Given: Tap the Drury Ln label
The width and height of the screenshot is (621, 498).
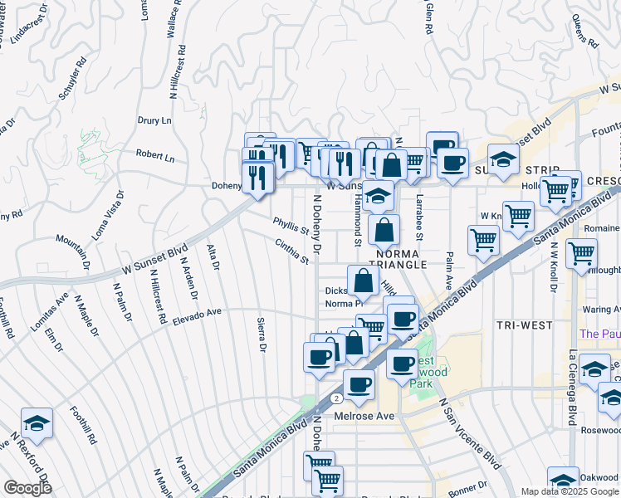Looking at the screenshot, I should (x=154, y=120).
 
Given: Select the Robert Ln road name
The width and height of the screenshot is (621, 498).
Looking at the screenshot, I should (x=155, y=156).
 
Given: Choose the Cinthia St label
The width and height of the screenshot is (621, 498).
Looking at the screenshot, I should (x=292, y=251).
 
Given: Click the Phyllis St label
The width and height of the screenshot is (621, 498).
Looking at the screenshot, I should (x=291, y=226).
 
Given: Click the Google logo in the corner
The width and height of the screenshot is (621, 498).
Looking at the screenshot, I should (x=27, y=488).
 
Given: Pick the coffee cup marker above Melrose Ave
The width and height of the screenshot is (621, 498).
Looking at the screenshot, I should (x=359, y=385).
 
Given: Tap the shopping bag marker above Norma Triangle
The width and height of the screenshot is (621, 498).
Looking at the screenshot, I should (x=384, y=229).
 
